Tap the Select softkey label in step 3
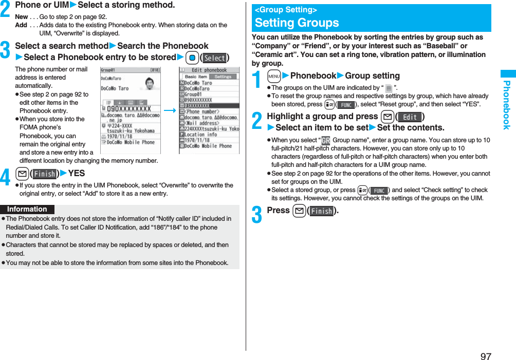[x=215, y=58]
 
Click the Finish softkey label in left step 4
[x=45, y=174]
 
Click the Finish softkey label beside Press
[x=322, y=211]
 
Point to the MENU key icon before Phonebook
[x=274, y=76]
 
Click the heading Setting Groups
[x=297, y=23]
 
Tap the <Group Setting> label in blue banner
[x=286, y=10]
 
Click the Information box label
[x=27, y=209]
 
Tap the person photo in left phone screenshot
[x=150, y=84]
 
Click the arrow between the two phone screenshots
[x=170, y=110]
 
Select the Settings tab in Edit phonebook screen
[x=223, y=77]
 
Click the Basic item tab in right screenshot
[x=196, y=77]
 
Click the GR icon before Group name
[x=326, y=141]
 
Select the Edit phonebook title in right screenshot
[x=209, y=70]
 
